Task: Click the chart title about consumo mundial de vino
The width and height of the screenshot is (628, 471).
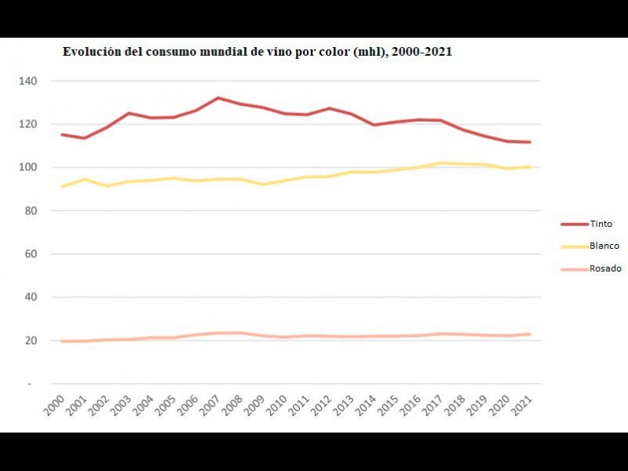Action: click(x=257, y=52)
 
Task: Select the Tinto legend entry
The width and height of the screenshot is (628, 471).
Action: click(x=601, y=224)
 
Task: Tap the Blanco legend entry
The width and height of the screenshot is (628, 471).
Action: click(x=604, y=246)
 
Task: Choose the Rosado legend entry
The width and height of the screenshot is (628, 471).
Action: click(x=605, y=268)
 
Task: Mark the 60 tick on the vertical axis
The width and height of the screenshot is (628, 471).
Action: click(x=31, y=254)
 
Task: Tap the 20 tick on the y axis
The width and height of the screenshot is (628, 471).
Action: click(x=31, y=341)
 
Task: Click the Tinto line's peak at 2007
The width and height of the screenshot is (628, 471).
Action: click(x=217, y=98)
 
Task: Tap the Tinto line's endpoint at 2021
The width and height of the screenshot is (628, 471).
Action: click(x=531, y=142)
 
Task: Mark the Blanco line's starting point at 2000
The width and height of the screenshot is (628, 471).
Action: click(x=61, y=186)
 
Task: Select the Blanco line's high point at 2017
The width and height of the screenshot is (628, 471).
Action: click(x=442, y=163)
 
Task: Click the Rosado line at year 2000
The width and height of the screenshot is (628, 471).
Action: click(x=61, y=341)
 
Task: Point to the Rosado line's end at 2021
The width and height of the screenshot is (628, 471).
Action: click(x=531, y=334)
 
